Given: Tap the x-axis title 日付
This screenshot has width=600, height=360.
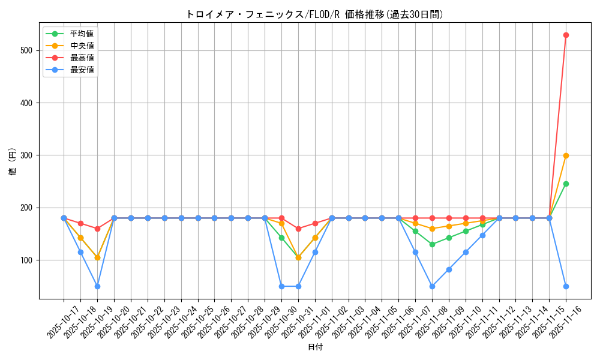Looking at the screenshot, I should pos(314,347).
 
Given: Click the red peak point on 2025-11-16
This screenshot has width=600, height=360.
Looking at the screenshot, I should pos(566,35).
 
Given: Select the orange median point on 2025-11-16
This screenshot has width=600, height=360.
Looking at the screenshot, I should pos(566,155).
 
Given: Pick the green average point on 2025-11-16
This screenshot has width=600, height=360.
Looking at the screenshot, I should pos(566,184).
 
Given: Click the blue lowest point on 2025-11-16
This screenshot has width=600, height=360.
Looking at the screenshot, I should pos(566,286).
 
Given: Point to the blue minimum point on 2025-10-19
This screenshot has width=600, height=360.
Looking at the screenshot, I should pos(97,286).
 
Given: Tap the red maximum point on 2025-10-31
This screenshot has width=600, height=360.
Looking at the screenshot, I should pos(298,229).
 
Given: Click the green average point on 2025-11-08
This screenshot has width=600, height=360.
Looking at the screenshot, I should pos(432,244).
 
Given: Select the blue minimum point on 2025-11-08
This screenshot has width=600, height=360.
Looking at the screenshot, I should pos(432,286).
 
